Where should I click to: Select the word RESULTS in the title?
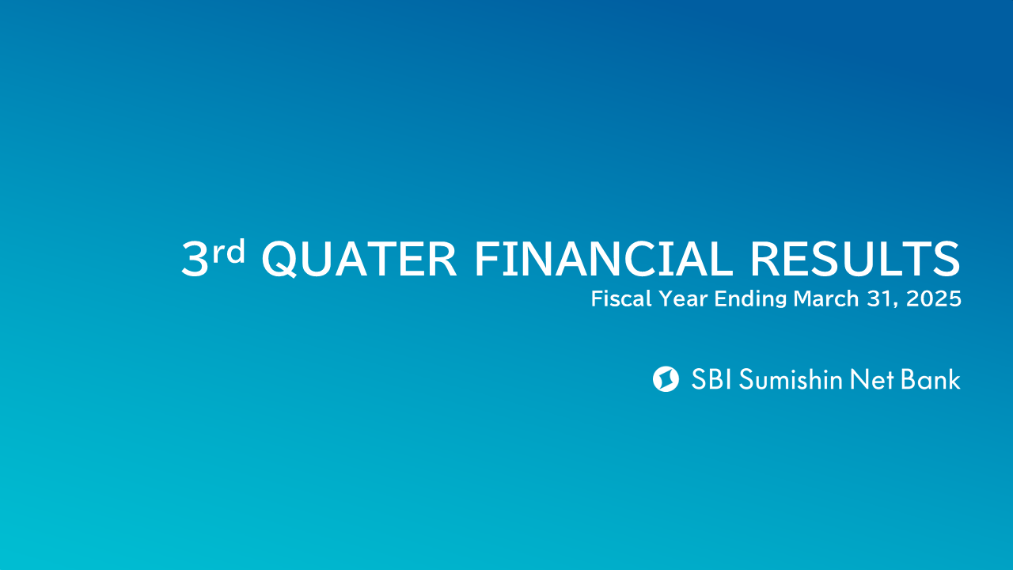click(x=856, y=258)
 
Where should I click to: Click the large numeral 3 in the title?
click(x=195, y=258)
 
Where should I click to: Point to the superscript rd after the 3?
click(x=229, y=251)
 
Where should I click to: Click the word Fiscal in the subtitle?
click(x=621, y=298)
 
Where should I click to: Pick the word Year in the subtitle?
click(x=683, y=298)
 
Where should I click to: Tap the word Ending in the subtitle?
click(x=751, y=299)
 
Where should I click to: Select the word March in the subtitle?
click(x=825, y=298)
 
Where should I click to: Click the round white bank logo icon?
click(x=666, y=379)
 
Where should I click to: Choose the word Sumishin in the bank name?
click(x=791, y=379)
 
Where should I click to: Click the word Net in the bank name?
click(x=872, y=379)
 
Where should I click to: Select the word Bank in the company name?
click(x=930, y=379)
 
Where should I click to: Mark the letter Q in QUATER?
click(x=279, y=259)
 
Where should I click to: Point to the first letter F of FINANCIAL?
click(x=486, y=258)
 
